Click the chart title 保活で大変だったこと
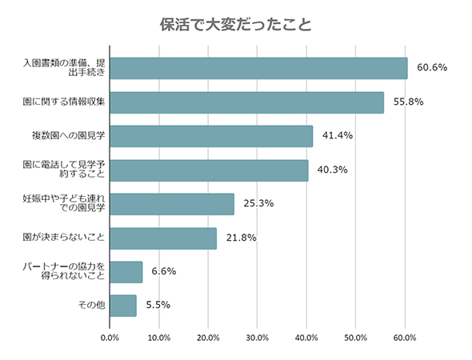click(x=236, y=23)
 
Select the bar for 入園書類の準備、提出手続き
click(x=258, y=68)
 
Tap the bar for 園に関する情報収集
click(x=246, y=102)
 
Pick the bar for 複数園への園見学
click(x=211, y=136)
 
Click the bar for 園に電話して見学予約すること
click(x=209, y=170)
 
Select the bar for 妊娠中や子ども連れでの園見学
click(x=172, y=204)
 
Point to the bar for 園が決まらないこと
click(x=163, y=238)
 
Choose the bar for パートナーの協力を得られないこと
click(x=126, y=272)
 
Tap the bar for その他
click(x=123, y=306)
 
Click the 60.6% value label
click(x=432, y=68)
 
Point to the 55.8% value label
click(x=408, y=102)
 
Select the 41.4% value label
click(x=337, y=136)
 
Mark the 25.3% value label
click(x=258, y=204)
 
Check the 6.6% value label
click(x=162, y=272)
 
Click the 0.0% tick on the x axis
click(x=110, y=338)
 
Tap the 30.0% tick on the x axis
click(x=258, y=338)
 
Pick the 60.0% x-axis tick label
click(x=405, y=338)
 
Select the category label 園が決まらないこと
click(x=65, y=238)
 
